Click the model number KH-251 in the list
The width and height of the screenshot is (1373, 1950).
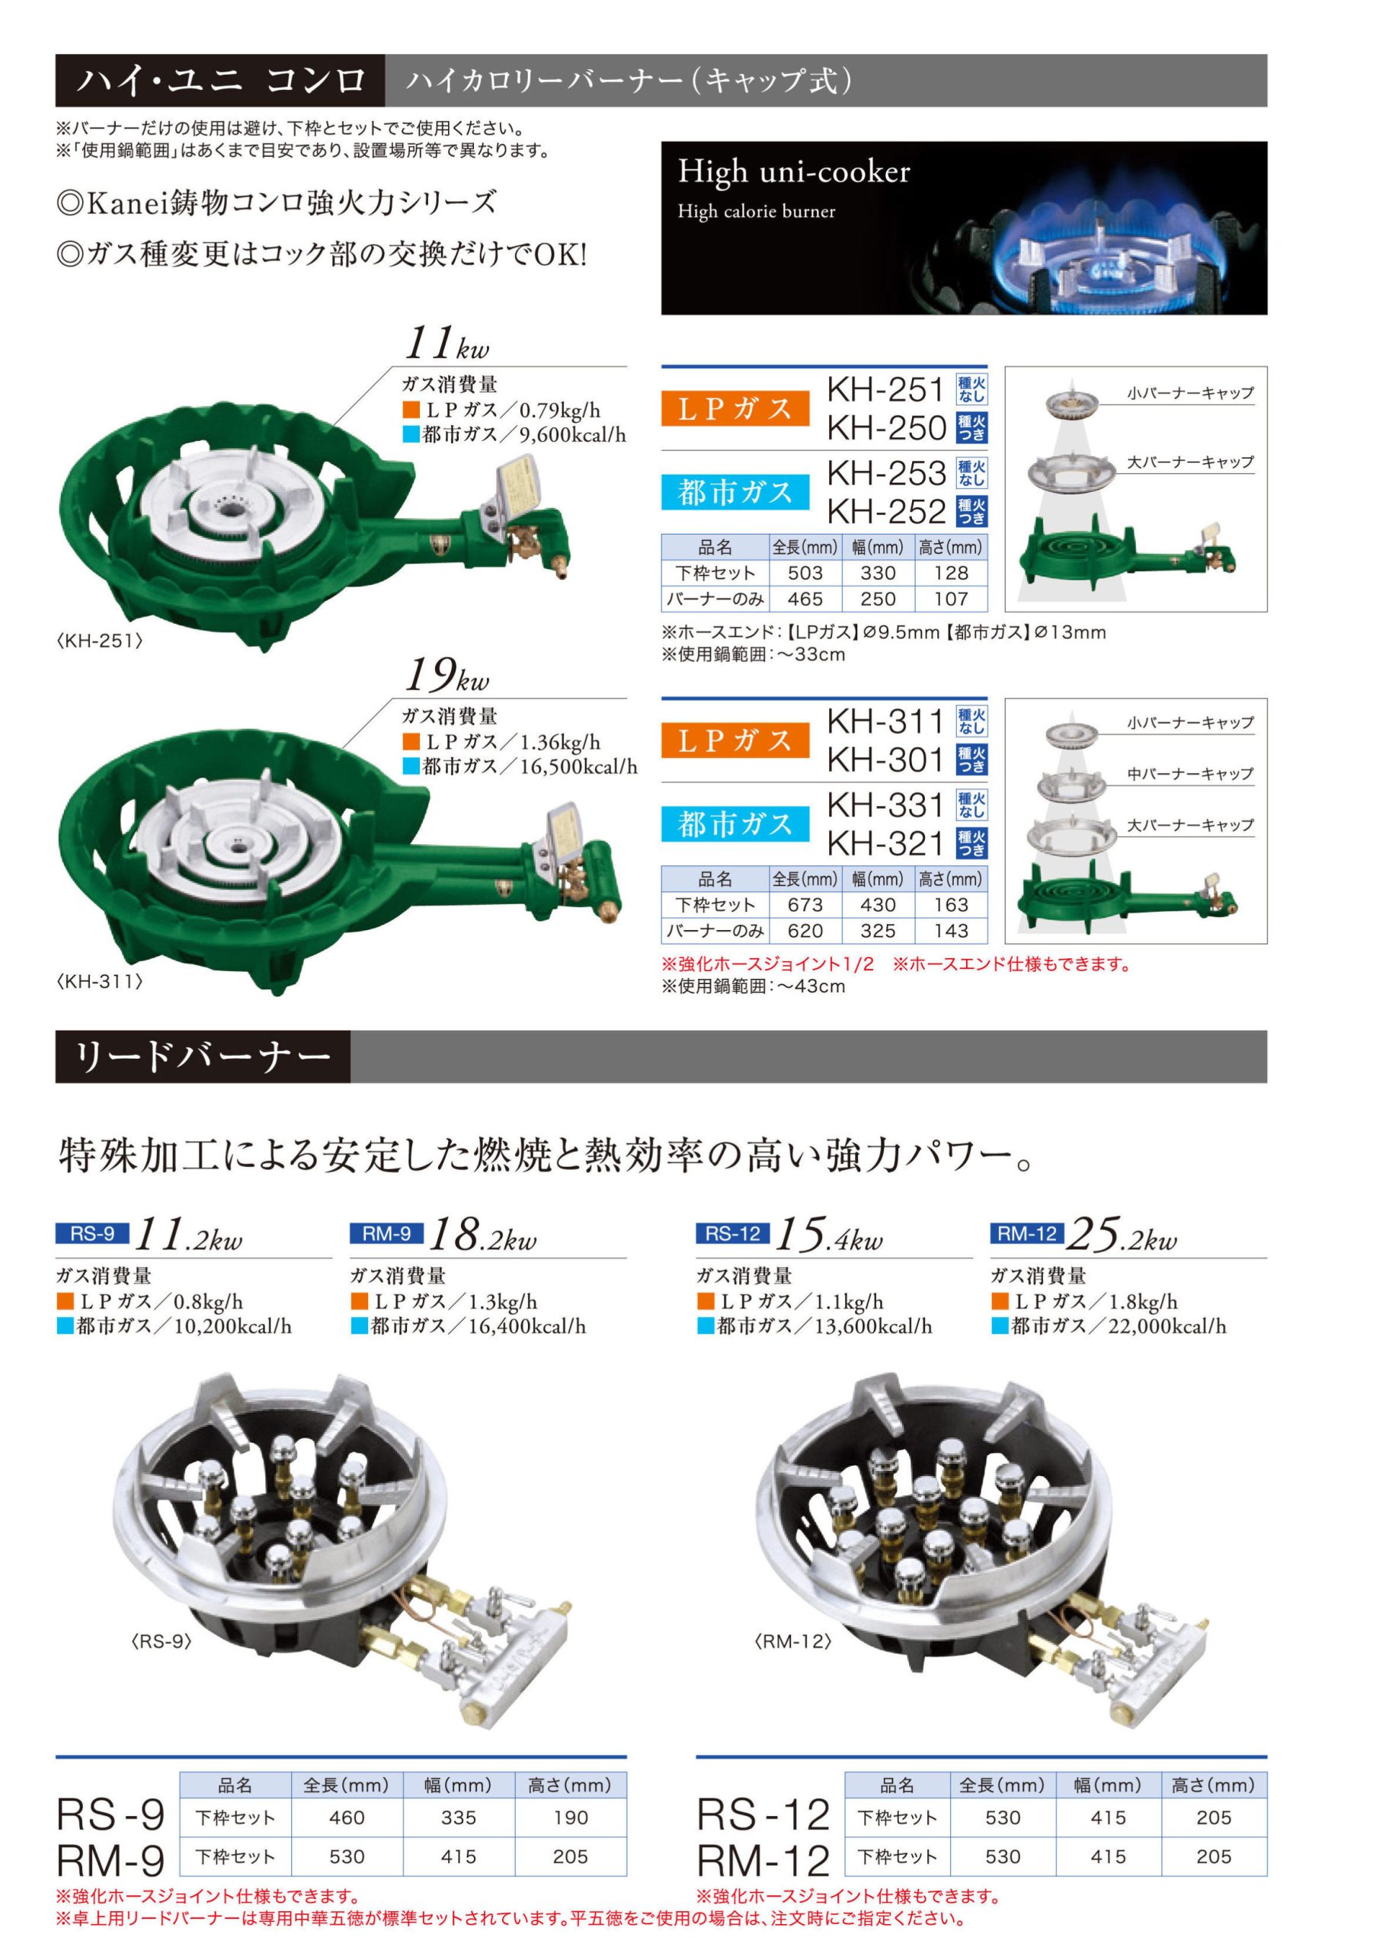coord(885,390)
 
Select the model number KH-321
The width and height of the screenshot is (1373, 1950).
coord(885,843)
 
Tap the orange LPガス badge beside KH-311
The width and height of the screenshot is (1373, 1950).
coord(735,740)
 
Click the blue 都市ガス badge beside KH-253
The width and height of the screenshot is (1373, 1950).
coord(735,492)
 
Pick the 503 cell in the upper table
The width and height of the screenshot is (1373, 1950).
coord(805,574)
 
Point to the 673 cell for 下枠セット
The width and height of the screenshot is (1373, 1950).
coord(805,906)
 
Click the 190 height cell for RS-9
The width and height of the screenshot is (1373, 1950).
coord(570,1817)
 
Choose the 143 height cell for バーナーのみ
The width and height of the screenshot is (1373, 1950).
coord(951,931)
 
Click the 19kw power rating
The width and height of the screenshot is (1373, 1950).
coord(447,677)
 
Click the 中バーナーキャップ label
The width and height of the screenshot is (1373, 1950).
coord(1190,774)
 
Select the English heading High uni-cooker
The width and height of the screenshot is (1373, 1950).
coord(794,171)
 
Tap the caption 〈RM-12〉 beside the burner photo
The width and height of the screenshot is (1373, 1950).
coord(792,1642)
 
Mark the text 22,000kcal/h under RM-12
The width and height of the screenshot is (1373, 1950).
coord(1167,1325)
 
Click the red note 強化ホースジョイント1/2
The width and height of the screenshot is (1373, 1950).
coord(767,964)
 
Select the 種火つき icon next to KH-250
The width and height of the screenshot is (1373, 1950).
coord(971,428)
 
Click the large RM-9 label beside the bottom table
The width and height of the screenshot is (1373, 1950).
coord(110,1859)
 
